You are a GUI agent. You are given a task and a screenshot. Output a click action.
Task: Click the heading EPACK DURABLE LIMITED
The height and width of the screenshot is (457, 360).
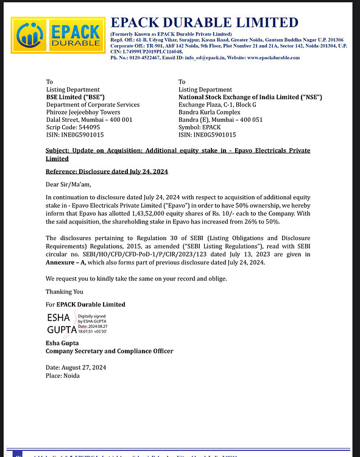coord(203,23)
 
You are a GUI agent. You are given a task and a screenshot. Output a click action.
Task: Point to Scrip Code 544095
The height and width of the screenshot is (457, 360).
coord(74,127)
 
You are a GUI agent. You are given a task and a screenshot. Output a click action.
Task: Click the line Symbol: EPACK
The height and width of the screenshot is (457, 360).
coord(199,127)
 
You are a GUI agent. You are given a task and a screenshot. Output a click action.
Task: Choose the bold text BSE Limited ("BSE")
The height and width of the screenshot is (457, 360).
coord(76,97)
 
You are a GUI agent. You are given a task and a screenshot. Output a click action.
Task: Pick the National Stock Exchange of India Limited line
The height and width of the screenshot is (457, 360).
coord(250,97)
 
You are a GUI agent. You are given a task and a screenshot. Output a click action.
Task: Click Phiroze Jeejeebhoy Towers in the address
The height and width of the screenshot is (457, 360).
coord(83,112)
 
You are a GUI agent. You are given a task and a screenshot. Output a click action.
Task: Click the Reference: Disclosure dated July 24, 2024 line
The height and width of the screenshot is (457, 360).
coord(107,172)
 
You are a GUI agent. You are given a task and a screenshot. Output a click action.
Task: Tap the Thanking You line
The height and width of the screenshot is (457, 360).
coord(65,291)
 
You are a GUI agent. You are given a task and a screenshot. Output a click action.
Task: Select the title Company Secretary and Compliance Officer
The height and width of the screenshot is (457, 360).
coord(110,351)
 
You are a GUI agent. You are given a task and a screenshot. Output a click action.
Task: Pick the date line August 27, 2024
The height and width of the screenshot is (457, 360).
coord(76,367)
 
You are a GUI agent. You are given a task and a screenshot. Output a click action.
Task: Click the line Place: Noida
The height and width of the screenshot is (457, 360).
coord(63,375)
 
